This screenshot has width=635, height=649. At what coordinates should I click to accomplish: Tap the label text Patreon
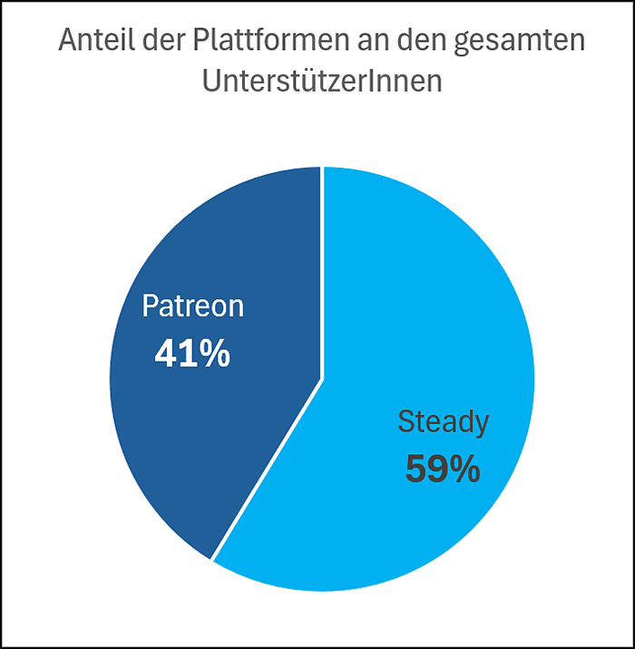192,306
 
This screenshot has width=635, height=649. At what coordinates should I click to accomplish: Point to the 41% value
192,354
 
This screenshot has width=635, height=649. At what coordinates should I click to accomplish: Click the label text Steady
444,421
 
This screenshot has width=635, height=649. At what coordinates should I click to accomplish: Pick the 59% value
442,470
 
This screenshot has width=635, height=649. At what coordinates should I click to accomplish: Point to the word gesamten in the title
526,42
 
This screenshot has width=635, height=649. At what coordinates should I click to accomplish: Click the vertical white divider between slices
322,272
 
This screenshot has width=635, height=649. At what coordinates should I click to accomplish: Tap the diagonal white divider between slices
268,469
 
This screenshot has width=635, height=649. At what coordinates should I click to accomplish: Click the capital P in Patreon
151,306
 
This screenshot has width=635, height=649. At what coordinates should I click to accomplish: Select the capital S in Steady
406,421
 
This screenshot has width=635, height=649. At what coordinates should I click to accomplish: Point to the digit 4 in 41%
165,354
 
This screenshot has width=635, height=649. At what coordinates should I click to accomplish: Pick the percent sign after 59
463,470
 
